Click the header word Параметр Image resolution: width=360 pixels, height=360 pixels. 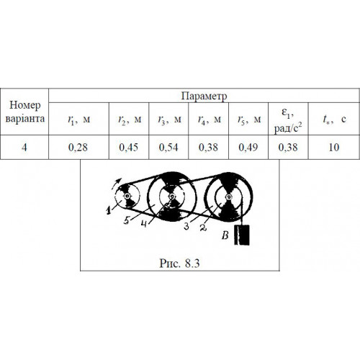(204, 96)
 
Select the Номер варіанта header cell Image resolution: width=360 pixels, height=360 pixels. (24, 112)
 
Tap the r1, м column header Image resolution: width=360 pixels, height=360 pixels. (78, 120)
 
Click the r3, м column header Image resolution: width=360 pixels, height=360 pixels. (169, 120)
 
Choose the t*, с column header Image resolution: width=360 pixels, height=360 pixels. (334, 119)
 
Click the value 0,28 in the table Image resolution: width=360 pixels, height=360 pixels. (78, 148)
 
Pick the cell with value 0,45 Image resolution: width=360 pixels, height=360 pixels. (129, 148)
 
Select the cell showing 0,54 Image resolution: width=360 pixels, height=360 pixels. (168, 148)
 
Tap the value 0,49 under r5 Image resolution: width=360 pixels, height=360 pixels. (248, 148)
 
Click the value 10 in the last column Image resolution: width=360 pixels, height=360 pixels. (334, 148)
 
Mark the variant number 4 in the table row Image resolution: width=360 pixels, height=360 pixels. (24, 148)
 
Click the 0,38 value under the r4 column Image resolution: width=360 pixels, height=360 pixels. (208, 148)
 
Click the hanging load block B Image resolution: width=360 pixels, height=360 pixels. (242, 235)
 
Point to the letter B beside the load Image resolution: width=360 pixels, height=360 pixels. (225, 235)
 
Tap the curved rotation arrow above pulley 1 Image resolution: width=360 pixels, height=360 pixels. (117, 184)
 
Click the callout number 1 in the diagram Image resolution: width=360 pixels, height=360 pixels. (109, 210)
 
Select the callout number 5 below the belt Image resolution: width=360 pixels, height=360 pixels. (127, 220)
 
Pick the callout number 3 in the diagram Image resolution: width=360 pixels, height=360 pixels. (186, 226)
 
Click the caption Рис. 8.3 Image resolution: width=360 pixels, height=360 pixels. (179, 263)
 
